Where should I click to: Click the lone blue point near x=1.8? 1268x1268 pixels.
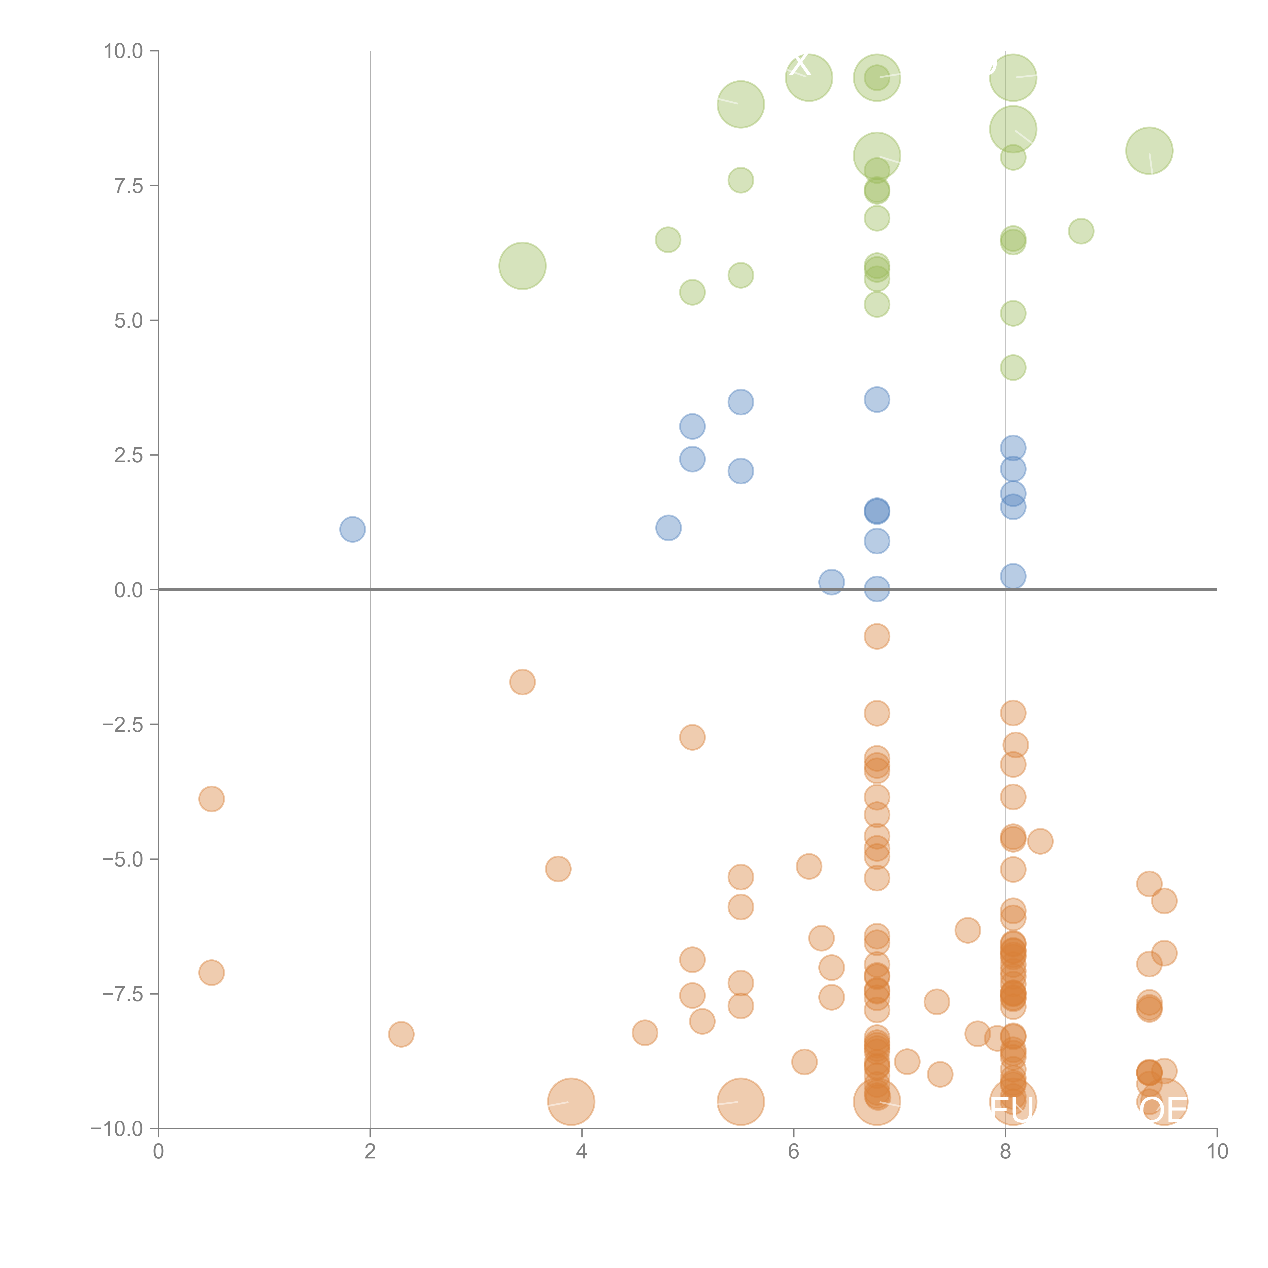353,529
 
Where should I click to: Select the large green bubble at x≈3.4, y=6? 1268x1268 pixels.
522,266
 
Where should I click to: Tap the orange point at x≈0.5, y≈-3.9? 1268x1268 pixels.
211,799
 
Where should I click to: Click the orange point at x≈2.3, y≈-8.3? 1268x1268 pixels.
401,1034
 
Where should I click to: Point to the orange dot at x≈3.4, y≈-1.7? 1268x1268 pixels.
522,682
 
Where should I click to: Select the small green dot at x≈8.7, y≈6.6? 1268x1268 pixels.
1081,231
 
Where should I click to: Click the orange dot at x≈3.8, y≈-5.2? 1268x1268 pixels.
558,869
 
